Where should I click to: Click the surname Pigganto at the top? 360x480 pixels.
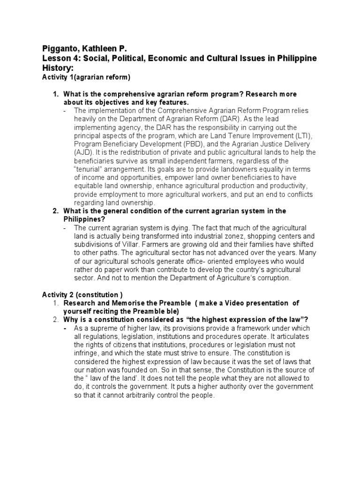tap(59, 49)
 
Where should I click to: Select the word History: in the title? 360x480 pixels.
tap(58, 68)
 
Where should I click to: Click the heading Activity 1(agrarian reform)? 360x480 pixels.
tap(86, 77)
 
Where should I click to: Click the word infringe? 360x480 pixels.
tap(86, 353)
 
